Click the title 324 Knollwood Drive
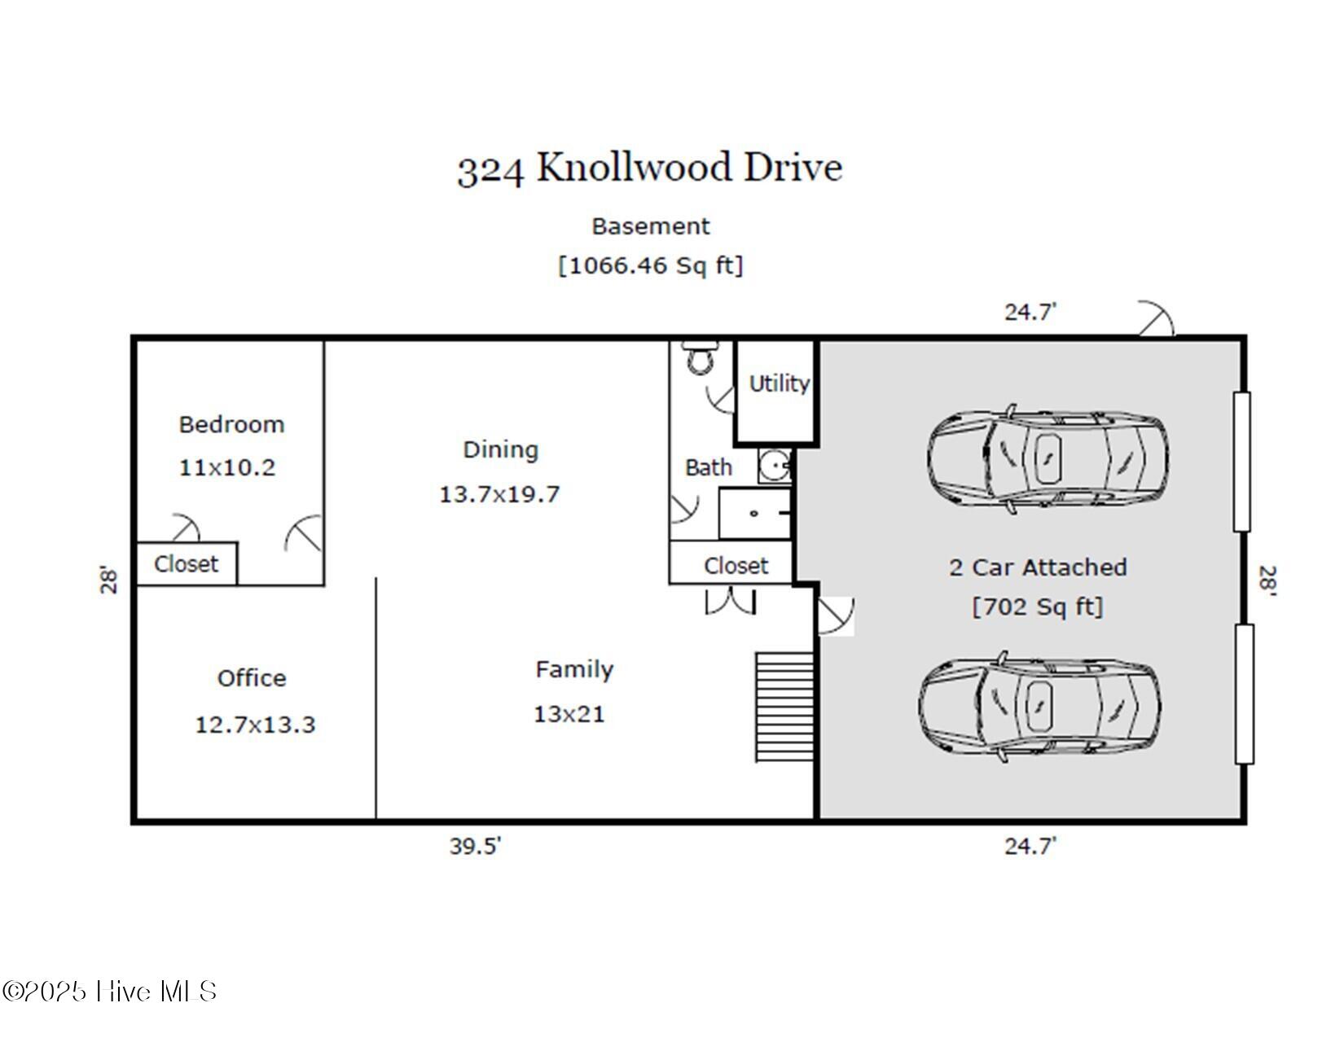point(649,169)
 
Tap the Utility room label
point(779,384)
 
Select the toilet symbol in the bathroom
point(701,358)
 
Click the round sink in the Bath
point(775,466)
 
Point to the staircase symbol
point(784,707)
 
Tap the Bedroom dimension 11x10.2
point(227,467)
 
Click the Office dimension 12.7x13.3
point(255,725)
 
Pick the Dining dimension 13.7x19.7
point(499,495)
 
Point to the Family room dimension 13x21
point(569,715)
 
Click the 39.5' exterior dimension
point(475,846)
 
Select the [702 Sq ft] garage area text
point(1037,607)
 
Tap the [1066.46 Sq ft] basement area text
point(650,265)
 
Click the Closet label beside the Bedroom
point(187,564)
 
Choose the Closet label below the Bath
point(736,566)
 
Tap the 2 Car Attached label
point(1038,567)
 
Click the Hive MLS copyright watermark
point(109,991)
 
